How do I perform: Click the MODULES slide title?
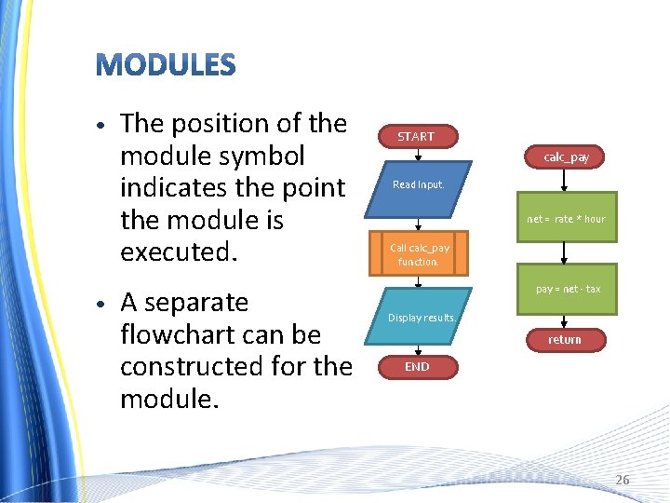pos(166,65)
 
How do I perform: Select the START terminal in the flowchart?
pos(416,137)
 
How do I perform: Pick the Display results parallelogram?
pos(422,318)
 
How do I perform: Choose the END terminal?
pos(417,367)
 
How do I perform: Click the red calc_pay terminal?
pos(566,157)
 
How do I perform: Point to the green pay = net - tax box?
pos(567,289)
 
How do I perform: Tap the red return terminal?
pos(564,340)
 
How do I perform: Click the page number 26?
pos(622,480)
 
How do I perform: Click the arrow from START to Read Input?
pos(417,156)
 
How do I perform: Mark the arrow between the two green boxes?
pos(565,254)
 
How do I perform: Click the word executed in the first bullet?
pos(177,252)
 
